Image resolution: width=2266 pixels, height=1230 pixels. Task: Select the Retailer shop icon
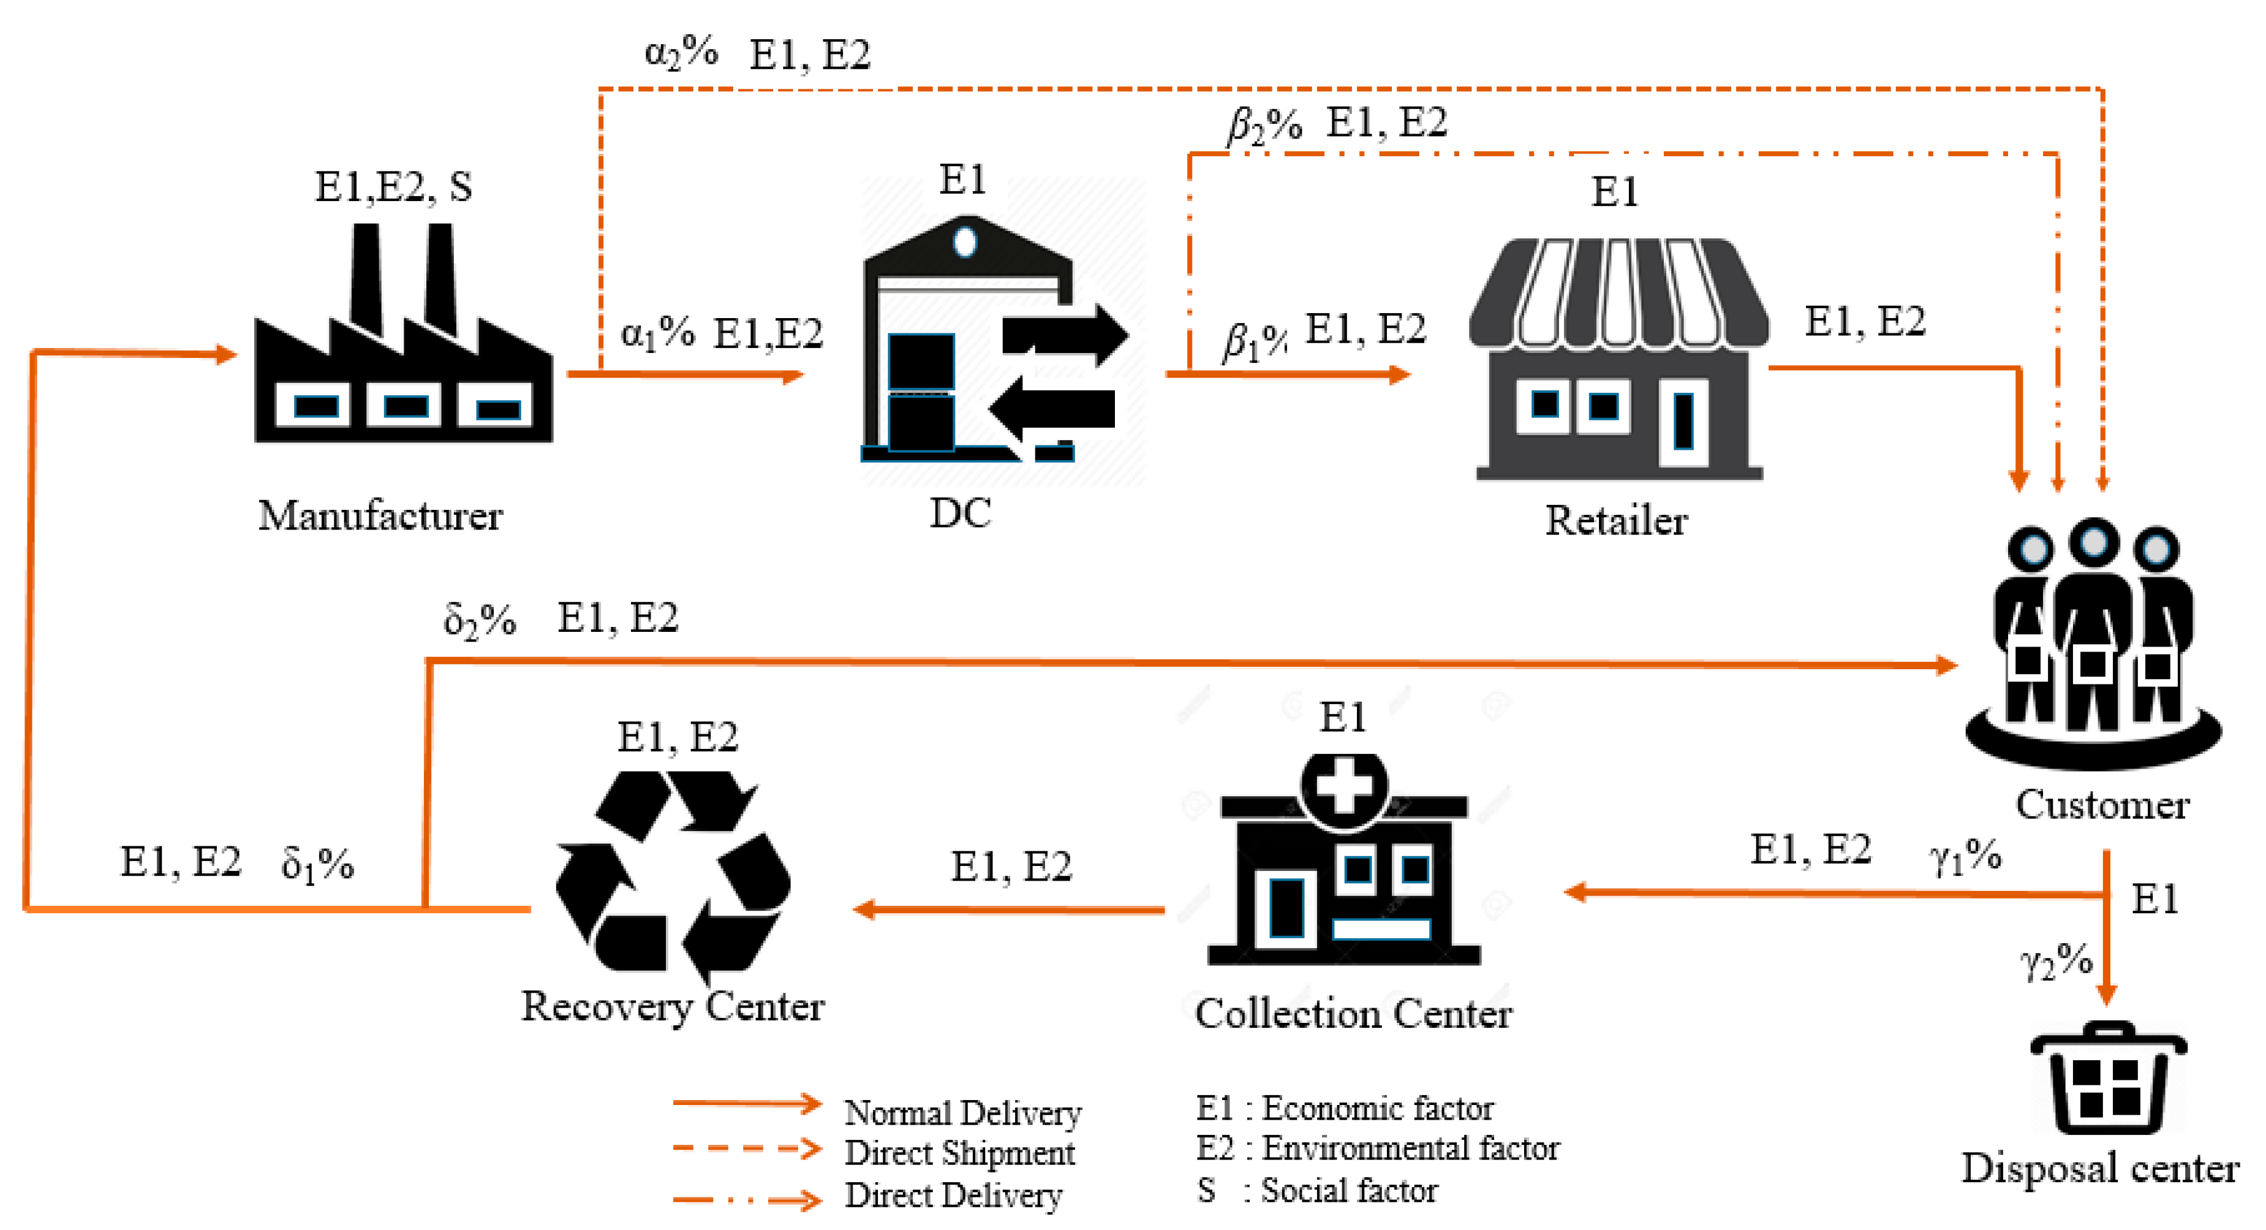[x=1618, y=361]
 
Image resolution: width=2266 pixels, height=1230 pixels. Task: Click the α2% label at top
[x=681, y=53]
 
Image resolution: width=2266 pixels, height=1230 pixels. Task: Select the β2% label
[x=1264, y=124]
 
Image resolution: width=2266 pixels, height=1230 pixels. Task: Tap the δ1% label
[x=317, y=864]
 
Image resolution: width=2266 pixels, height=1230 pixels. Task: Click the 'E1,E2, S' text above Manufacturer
[x=393, y=186]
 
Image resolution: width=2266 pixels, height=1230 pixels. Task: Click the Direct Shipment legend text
[x=959, y=1153]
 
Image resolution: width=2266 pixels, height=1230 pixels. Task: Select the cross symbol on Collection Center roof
[x=1343, y=786]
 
